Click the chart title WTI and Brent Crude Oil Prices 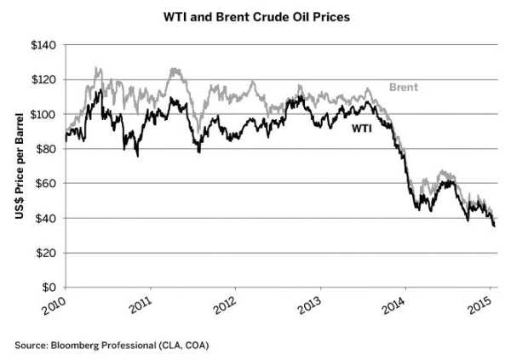255,15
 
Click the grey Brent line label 403,87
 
